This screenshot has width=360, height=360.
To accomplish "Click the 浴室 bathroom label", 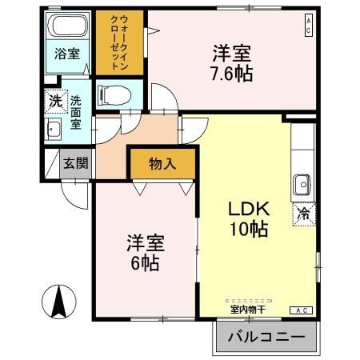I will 67,54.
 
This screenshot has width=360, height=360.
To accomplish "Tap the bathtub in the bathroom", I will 68,26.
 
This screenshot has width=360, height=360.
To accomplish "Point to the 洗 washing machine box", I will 54,102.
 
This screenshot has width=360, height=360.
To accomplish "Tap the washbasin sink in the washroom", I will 55,130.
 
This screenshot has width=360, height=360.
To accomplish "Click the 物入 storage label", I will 162,165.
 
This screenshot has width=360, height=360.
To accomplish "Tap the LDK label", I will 250,208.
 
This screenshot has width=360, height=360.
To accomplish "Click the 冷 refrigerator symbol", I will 304,214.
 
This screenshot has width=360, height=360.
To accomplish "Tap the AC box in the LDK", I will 303,310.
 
